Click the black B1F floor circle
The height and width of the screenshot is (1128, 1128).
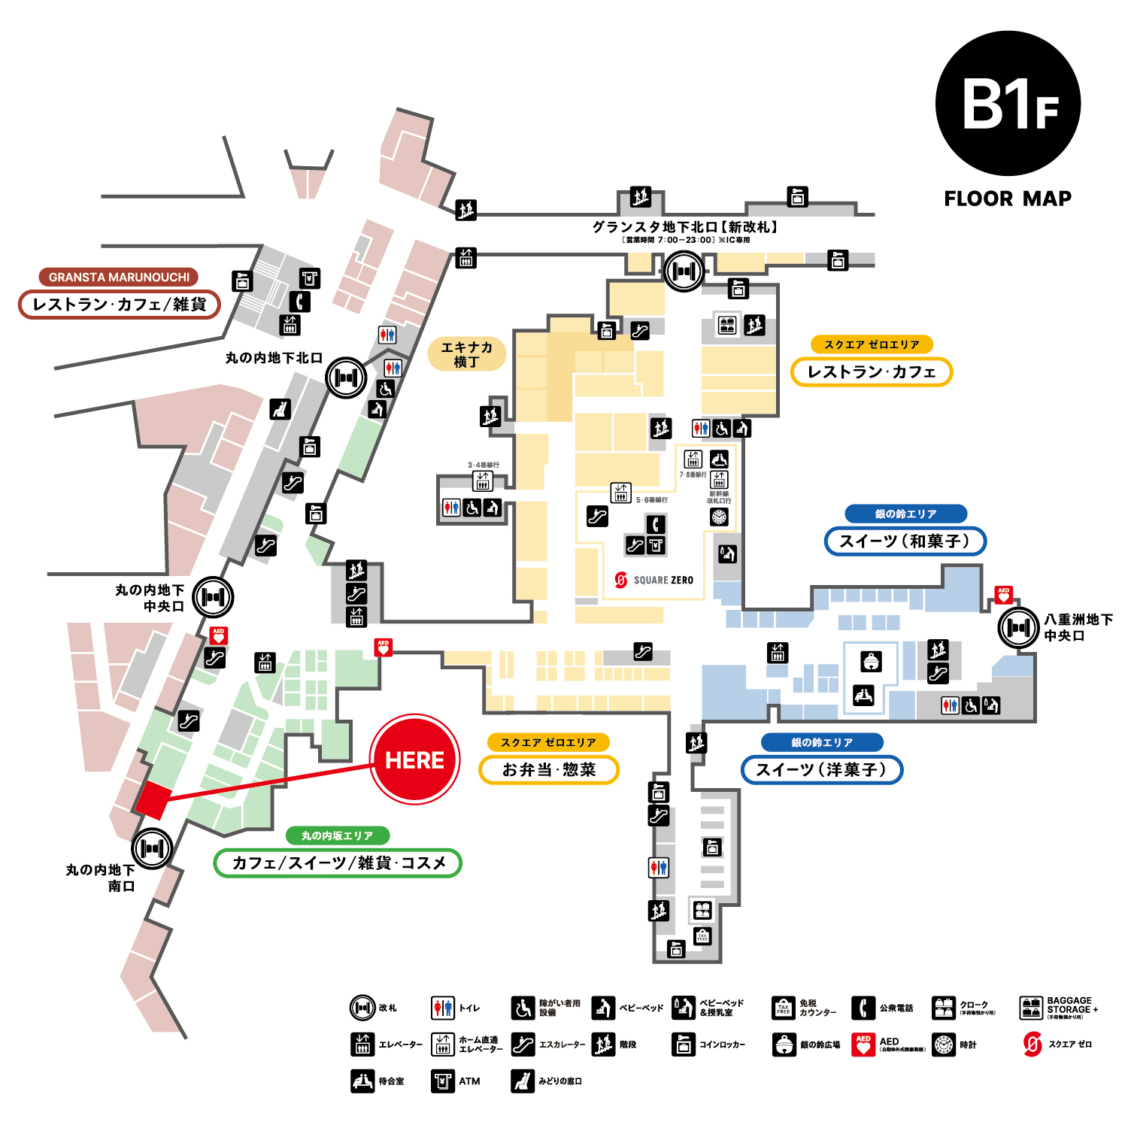tap(1008, 104)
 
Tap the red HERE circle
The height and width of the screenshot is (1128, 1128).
tap(414, 760)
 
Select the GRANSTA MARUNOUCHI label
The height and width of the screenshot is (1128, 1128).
tap(119, 277)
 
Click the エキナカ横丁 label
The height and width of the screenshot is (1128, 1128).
tap(466, 354)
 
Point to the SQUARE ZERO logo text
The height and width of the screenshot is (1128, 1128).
tap(663, 580)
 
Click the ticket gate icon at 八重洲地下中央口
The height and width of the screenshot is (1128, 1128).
tap(1018, 626)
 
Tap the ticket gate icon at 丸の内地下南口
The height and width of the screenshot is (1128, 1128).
tap(153, 848)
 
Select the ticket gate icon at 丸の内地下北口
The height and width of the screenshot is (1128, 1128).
tap(346, 378)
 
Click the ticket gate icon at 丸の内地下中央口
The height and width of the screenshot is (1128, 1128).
tap(214, 597)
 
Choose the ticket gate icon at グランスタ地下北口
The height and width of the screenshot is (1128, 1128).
tap(684, 271)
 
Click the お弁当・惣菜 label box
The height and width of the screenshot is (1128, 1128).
tap(549, 769)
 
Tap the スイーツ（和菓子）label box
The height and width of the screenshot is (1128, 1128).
tap(905, 541)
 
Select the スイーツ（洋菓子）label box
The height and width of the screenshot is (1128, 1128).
tap(821, 769)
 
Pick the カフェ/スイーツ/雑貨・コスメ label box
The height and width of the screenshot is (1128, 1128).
tap(338, 863)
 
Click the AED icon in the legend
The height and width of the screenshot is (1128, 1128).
tap(863, 1045)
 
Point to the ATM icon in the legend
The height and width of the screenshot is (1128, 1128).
tap(443, 1081)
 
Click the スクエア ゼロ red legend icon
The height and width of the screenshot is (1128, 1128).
tap(1032, 1045)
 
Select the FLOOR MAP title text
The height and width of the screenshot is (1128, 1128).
tap(1008, 199)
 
